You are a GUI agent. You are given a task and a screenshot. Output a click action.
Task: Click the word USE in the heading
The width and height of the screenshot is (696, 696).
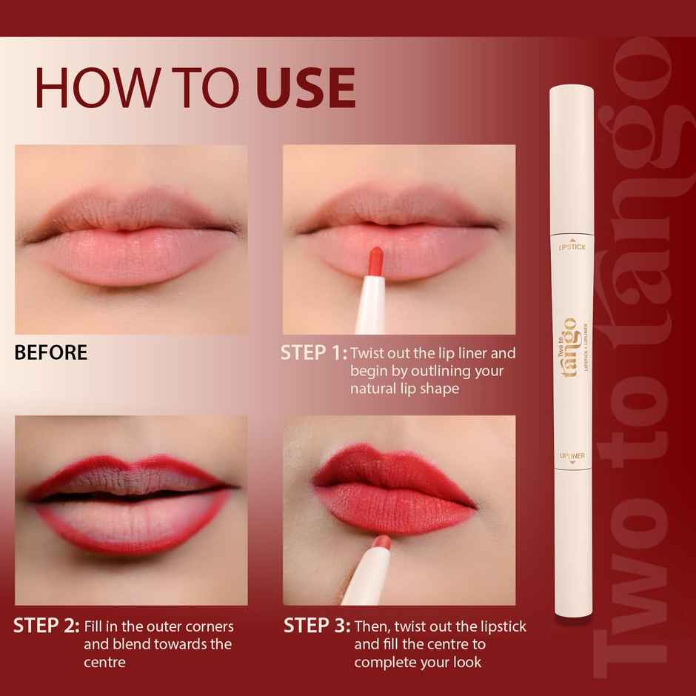click(x=306, y=88)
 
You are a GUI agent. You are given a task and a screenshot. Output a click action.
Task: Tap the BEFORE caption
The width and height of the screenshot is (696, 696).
click(x=50, y=353)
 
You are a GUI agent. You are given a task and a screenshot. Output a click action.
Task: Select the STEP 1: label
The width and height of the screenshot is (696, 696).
click(x=313, y=353)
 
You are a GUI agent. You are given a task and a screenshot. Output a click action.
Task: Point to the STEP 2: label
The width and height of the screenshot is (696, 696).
click(x=46, y=626)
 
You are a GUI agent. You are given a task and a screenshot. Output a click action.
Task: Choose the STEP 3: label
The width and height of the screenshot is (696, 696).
click(x=317, y=626)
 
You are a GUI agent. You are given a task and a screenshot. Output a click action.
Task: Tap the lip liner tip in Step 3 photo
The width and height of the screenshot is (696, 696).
click(x=383, y=542)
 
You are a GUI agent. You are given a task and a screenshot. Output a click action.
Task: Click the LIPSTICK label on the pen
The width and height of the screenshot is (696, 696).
click(x=572, y=246)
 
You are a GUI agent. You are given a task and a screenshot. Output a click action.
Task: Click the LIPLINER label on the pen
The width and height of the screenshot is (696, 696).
click(x=572, y=456)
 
